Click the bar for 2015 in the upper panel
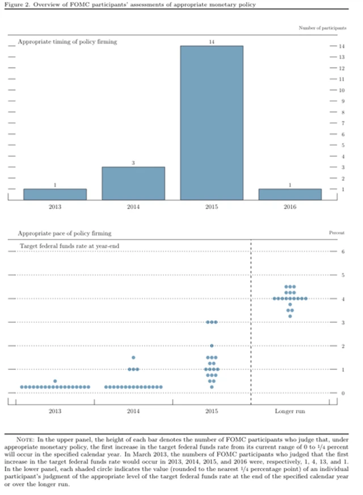click(x=211, y=122)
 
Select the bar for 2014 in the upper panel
click(x=133, y=183)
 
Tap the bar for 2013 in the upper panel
click(x=55, y=194)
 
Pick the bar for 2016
click(x=290, y=194)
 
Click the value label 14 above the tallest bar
click(x=211, y=42)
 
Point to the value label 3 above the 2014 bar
click(x=133, y=163)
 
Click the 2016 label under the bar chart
click(x=290, y=207)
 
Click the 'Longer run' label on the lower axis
click(x=290, y=410)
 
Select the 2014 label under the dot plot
click(x=133, y=410)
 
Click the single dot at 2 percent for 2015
click(x=212, y=346)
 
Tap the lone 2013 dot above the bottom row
click(x=55, y=381)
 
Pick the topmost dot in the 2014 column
click(x=133, y=358)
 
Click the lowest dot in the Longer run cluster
click(x=290, y=316)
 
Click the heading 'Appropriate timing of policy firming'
click(x=67, y=42)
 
